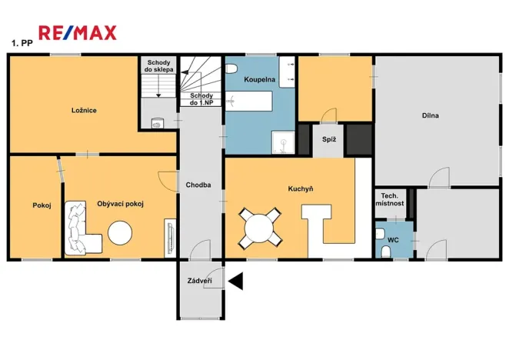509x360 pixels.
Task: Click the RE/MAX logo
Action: [x=78, y=32]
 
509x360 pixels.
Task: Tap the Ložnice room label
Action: [x=85, y=110]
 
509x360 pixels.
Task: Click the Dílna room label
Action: [x=430, y=116]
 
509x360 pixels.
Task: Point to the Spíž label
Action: [x=329, y=139]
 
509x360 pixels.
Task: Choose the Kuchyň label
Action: [x=300, y=188]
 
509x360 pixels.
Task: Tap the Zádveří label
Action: [x=199, y=282]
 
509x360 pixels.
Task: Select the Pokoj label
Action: [x=42, y=205]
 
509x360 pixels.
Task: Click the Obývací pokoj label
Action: [x=121, y=203]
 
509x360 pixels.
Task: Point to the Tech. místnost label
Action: [x=389, y=199]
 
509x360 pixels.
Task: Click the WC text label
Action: [x=392, y=240]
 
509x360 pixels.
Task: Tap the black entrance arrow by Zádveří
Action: [x=235, y=282]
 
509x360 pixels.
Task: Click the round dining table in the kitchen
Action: [x=260, y=228]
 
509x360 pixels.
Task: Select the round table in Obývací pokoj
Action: [x=121, y=232]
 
